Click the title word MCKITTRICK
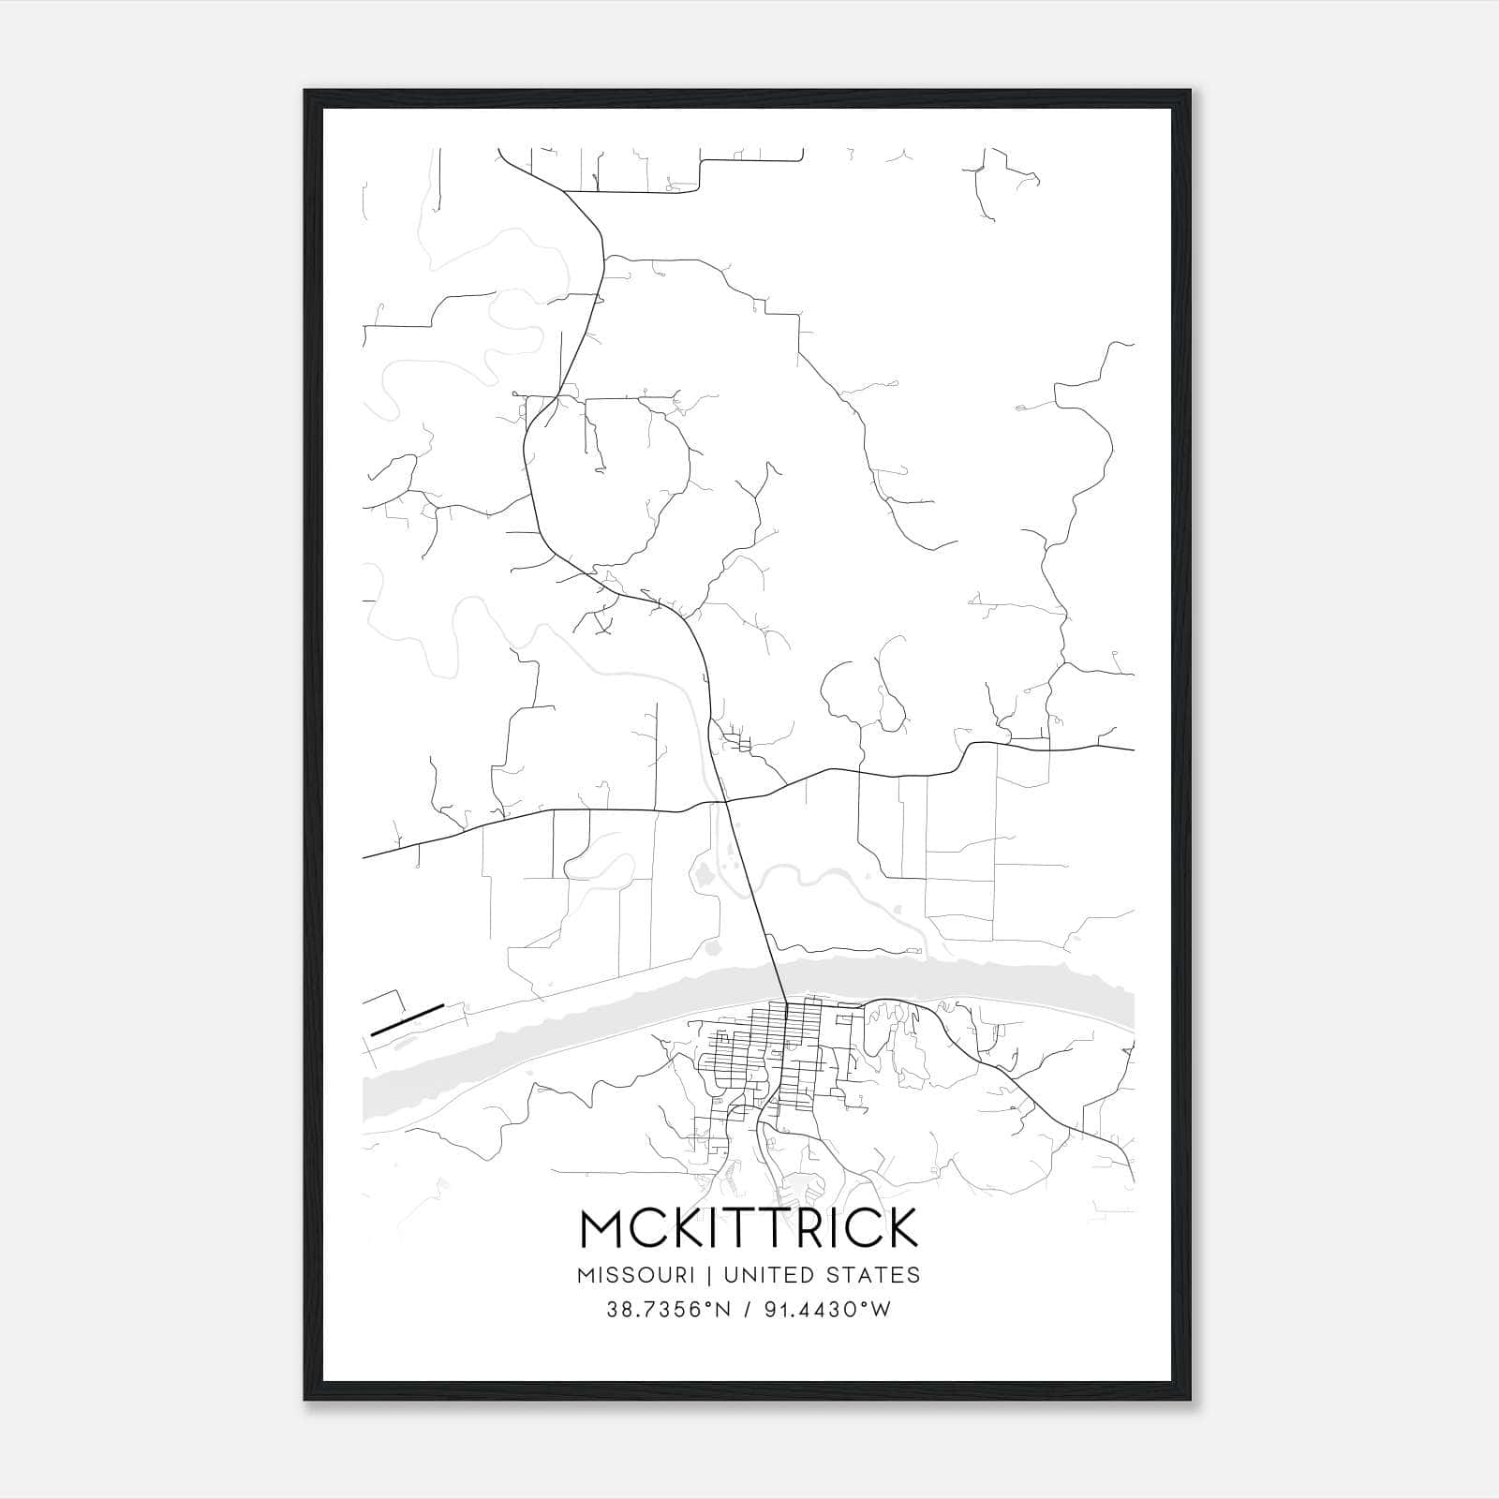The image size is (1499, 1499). point(749,1228)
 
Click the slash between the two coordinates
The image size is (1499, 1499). point(747,1310)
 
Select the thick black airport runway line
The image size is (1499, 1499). point(407,1020)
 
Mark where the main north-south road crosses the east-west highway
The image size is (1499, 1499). point(727,801)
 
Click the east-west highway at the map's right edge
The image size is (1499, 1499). point(1129,749)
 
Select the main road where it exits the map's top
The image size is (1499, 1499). point(501,152)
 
